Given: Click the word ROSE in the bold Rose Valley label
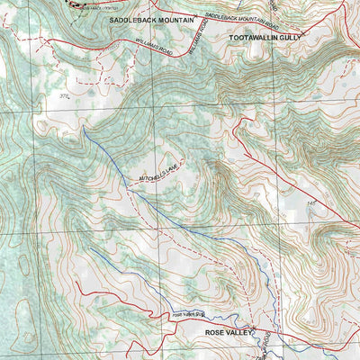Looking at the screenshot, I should [x=216, y=332].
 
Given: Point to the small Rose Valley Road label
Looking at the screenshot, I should [x=189, y=314].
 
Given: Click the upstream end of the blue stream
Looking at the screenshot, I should [x=84, y=127].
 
